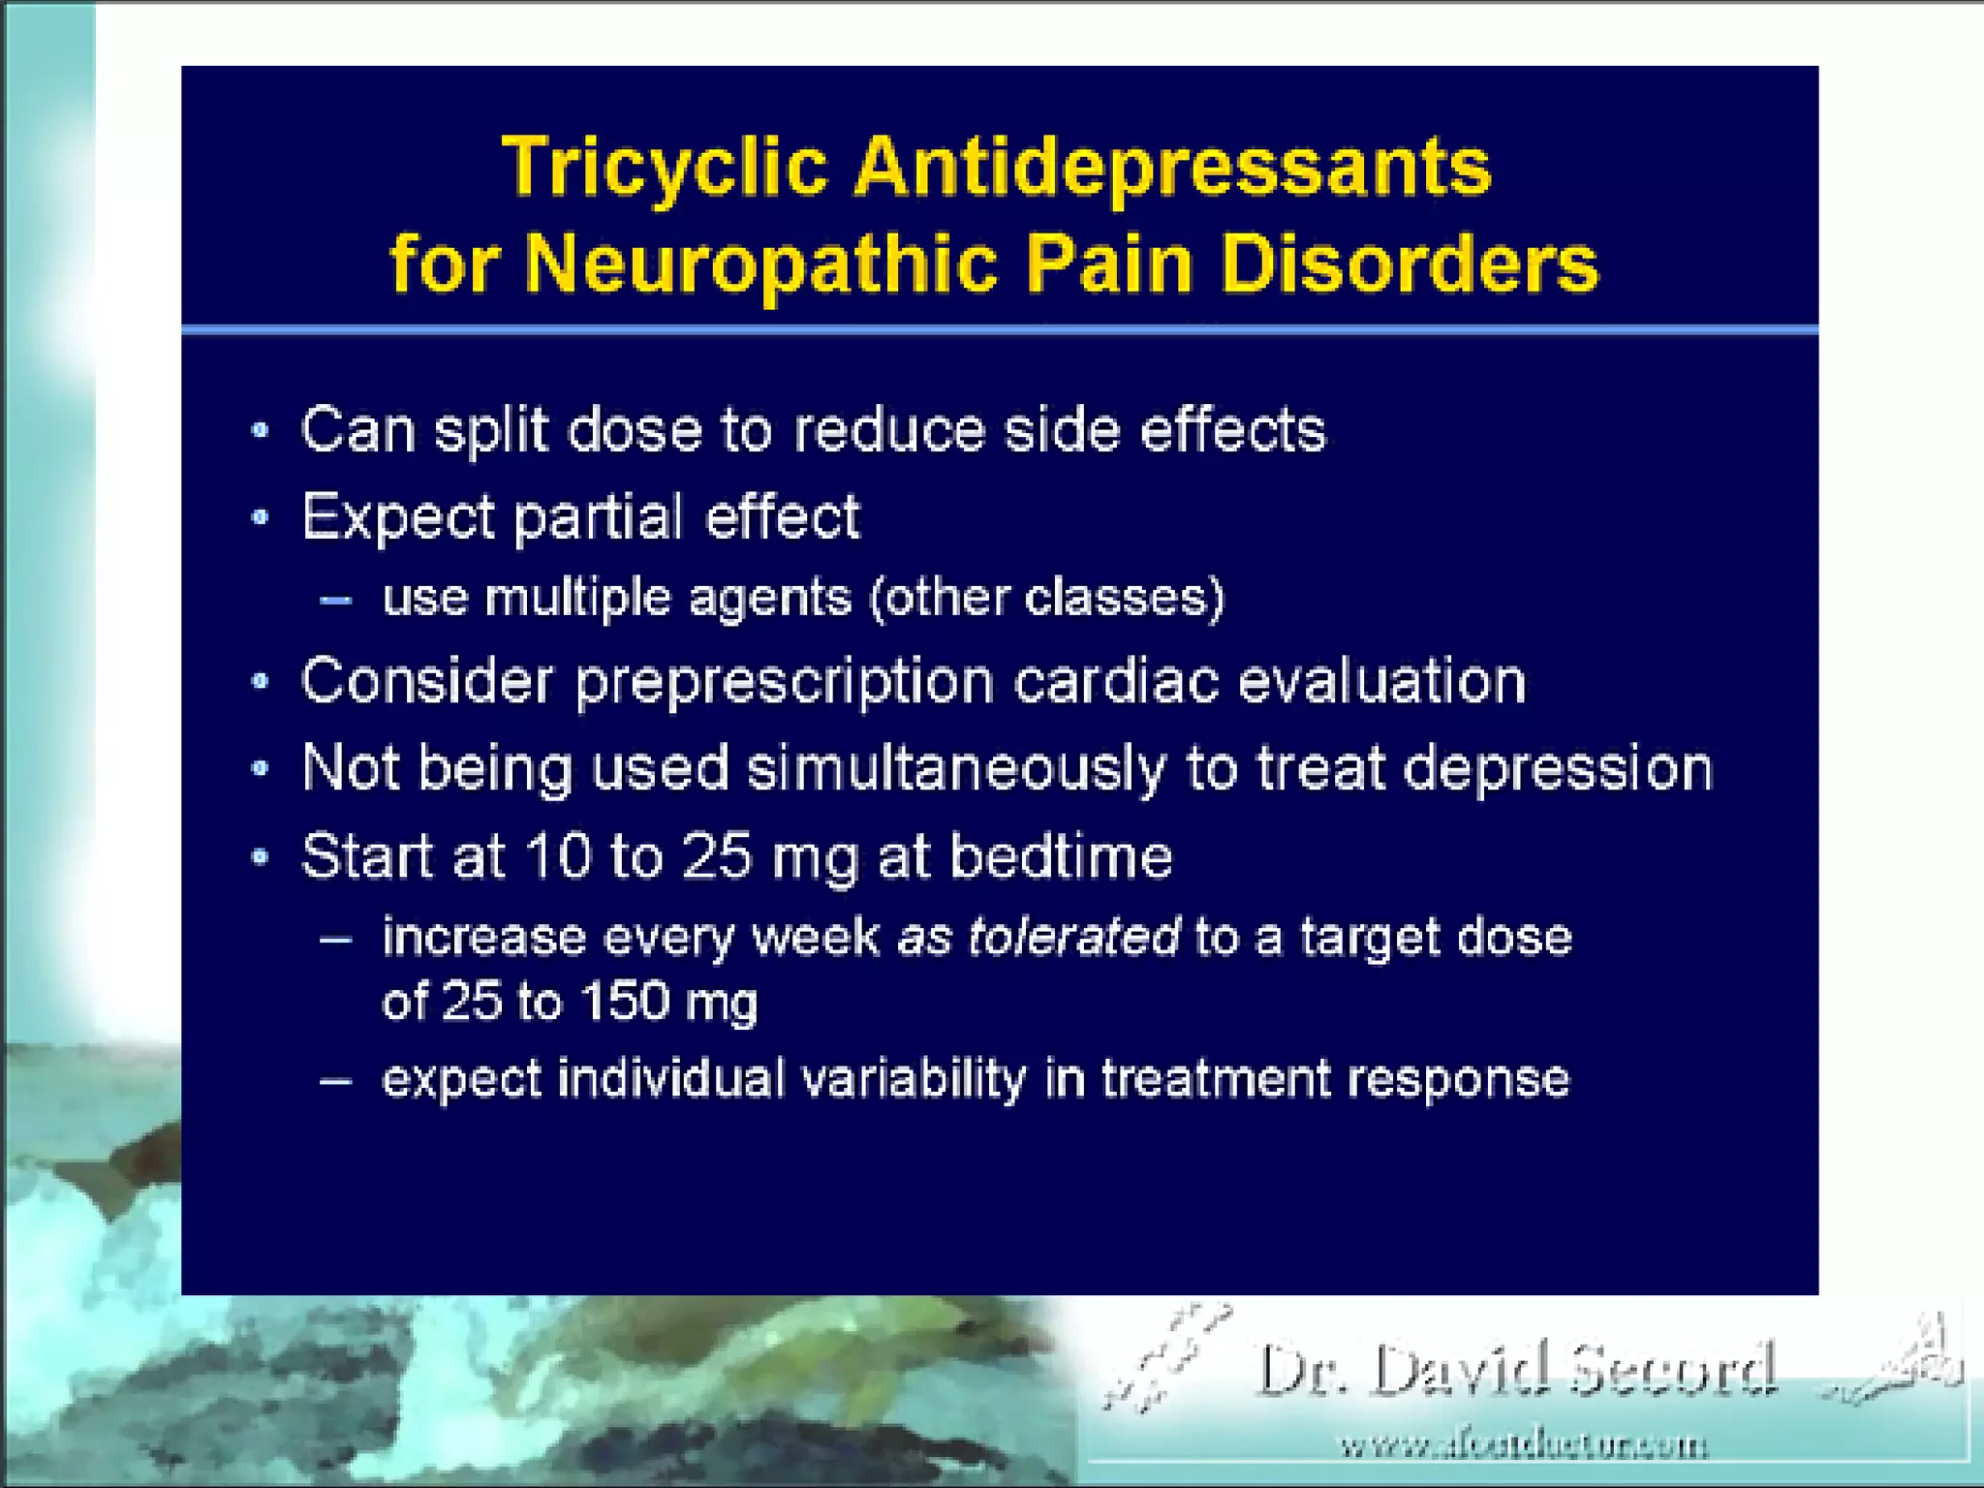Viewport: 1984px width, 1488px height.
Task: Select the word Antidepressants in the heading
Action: click(x=1172, y=167)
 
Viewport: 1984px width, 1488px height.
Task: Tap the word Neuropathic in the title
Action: click(x=761, y=263)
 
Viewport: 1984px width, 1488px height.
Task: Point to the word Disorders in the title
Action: click(x=1410, y=263)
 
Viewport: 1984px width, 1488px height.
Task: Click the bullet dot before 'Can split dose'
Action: click(x=260, y=431)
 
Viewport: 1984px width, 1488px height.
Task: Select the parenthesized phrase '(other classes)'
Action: click(x=1047, y=598)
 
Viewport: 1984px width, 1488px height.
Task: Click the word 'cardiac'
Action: click(x=1116, y=680)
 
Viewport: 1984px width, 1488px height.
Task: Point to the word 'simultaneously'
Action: click(x=956, y=769)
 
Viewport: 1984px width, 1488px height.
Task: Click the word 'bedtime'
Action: click(x=1061, y=856)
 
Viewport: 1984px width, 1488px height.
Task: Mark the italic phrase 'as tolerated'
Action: click(x=1038, y=937)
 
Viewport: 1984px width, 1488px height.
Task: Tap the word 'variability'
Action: click(x=914, y=1079)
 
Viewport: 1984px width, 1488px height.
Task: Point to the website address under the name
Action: click(x=1523, y=1446)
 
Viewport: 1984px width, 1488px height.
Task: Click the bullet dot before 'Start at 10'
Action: click(x=260, y=857)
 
